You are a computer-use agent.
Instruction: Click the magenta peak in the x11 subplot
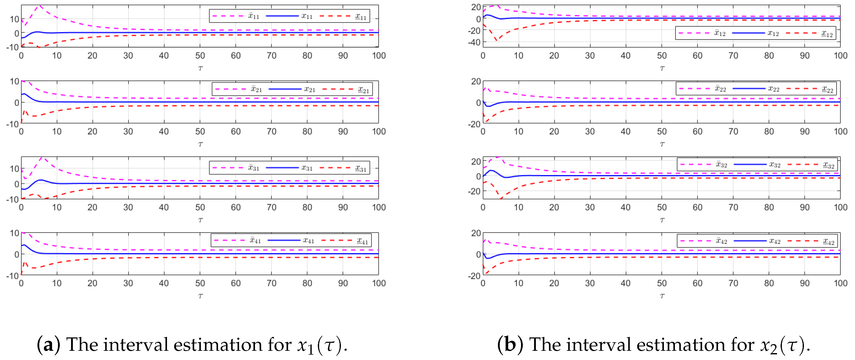pyautogui.click(x=40, y=6)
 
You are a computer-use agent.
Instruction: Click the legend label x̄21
pyautogui.click(x=256, y=89)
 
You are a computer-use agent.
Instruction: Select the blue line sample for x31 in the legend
pyautogui.click(x=282, y=168)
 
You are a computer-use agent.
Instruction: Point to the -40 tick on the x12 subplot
pyautogui.click(x=474, y=42)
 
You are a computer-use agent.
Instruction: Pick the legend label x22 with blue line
pyautogui.click(x=773, y=89)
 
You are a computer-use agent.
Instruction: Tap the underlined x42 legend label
pyautogui.click(x=828, y=241)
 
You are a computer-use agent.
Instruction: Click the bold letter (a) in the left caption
pyautogui.click(x=48, y=345)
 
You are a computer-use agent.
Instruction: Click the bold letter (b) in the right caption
pyautogui.click(x=510, y=345)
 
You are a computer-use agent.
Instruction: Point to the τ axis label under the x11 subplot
pyautogui.click(x=200, y=69)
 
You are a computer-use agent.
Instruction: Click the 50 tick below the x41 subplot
pyautogui.click(x=200, y=283)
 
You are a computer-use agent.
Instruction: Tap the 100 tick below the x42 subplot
pyautogui.click(x=840, y=283)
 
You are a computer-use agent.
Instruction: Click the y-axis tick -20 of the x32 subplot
pyautogui.click(x=474, y=191)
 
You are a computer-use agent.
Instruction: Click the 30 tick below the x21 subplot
pyautogui.click(x=128, y=132)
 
